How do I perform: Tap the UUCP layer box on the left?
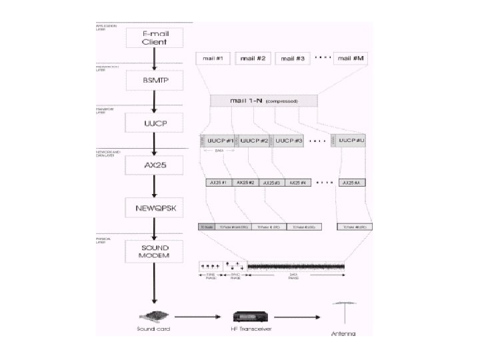point(154,123)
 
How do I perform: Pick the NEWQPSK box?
point(154,207)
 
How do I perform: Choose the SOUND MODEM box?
point(154,251)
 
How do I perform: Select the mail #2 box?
point(253,59)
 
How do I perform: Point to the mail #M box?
point(350,59)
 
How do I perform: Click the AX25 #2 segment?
point(246,182)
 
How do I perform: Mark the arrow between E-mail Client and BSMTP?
point(154,59)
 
